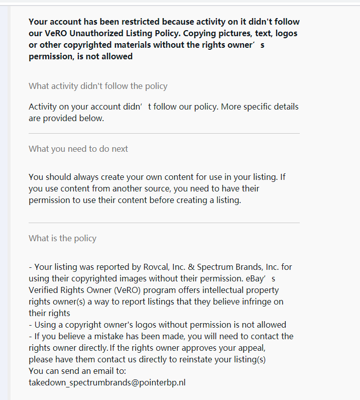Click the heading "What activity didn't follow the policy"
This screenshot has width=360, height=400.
pyautogui.click(x=98, y=86)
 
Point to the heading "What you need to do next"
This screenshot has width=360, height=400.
pyautogui.click(x=78, y=149)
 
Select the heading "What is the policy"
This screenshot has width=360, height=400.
pyautogui.click(x=62, y=238)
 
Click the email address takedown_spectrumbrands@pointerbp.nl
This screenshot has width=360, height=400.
pyautogui.click(x=107, y=382)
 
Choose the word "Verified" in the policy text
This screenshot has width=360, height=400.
pyautogui.click(x=45, y=290)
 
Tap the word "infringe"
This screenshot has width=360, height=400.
pyautogui.click(x=256, y=302)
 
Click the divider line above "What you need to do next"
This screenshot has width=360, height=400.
pyautogui.click(x=164, y=134)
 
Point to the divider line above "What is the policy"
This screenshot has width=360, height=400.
pyautogui.click(x=164, y=223)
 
